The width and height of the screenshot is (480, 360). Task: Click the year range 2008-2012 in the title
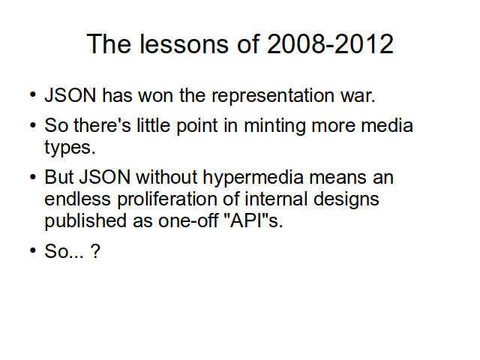330,44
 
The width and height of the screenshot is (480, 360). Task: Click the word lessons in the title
184,44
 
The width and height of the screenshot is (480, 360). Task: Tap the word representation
273,96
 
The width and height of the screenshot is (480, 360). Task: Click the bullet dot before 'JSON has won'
33,94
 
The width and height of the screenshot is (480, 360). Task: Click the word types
70,148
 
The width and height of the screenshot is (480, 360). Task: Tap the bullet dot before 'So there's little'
33,125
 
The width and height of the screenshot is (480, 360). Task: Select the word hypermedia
253,178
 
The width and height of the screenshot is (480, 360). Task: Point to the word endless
77,199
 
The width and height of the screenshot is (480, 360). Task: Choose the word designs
346,199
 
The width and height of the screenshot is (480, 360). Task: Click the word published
85,221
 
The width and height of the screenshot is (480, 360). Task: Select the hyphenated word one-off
187,221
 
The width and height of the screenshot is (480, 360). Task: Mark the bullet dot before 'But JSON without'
33,177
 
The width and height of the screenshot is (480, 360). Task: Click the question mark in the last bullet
95,251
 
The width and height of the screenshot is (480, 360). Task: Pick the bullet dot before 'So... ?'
33,250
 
